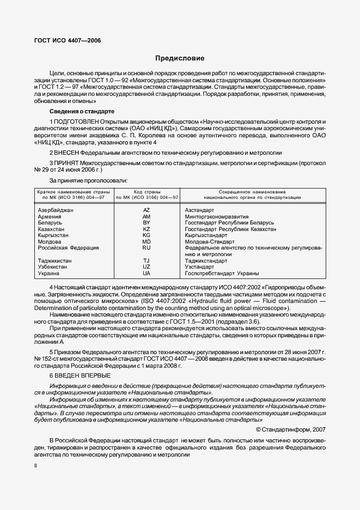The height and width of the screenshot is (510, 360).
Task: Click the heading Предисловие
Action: [180, 58]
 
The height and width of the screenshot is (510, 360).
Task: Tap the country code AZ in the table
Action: [146, 210]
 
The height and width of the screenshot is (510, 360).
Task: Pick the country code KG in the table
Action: [146, 235]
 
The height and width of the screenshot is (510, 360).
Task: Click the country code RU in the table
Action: [146, 248]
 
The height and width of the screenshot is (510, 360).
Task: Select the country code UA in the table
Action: [146, 273]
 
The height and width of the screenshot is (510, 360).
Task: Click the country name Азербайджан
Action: [56, 210]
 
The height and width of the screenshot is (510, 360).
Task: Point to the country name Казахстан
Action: [53, 229]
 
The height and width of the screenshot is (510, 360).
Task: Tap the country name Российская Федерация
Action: [69, 248]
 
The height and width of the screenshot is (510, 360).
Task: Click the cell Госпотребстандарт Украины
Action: [222, 273]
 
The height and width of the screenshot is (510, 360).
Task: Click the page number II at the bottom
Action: [35, 466]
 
